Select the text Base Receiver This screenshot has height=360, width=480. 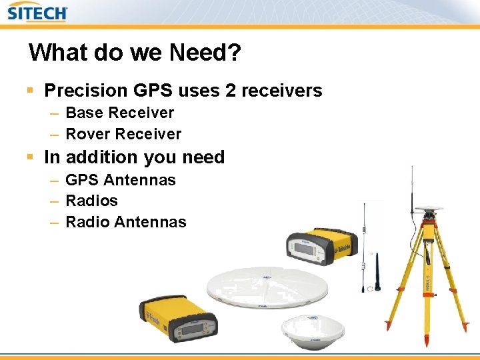(120, 113)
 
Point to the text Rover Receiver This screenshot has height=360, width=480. (123, 134)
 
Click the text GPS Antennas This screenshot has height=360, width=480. (121, 180)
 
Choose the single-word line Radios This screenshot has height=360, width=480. (91, 201)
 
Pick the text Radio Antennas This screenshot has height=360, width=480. (126, 222)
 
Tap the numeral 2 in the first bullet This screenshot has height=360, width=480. (230, 91)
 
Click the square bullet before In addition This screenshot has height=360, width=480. (30, 157)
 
